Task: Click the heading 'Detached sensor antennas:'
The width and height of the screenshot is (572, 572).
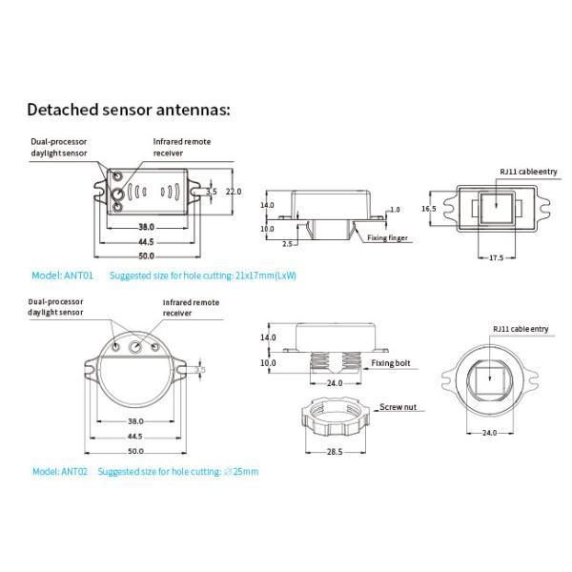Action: (x=128, y=109)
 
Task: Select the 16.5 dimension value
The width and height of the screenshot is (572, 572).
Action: (x=428, y=208)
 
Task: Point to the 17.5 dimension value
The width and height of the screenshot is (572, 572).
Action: (x=496, y=257)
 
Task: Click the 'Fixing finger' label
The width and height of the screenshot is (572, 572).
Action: (x=387, y=237)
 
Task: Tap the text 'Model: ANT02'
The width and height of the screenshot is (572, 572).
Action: (x=60, y=471)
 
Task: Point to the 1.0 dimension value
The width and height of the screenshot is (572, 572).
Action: (x=395, y=209)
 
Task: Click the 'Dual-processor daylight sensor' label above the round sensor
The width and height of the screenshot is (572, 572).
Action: (x=61, y=308)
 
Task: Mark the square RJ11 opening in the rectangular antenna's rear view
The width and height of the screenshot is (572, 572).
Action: (x=496, y=208)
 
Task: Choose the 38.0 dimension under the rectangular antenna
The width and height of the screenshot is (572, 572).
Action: (x=146, y=228)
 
